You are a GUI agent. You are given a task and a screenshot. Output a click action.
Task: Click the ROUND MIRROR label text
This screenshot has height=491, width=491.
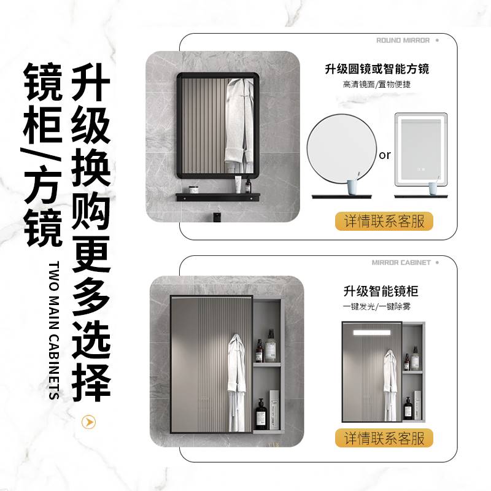pos(403,40)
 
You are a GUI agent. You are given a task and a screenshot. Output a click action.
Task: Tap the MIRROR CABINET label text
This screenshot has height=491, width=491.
pos(401,262)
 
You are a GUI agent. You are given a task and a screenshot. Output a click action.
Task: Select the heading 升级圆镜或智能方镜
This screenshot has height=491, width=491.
pos(377,69)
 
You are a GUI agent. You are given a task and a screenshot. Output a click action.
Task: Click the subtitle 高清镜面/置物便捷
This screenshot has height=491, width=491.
pos(377,84)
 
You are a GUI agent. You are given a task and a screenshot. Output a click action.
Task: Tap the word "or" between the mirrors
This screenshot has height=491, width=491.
pos(385,155)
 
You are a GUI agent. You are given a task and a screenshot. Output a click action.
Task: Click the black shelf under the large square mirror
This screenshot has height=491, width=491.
pos(215,198)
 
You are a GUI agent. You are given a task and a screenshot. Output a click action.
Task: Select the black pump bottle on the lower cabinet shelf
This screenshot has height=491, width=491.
pos(261,412)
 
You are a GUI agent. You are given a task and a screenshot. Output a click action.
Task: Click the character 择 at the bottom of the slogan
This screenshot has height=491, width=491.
pos(91,381)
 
